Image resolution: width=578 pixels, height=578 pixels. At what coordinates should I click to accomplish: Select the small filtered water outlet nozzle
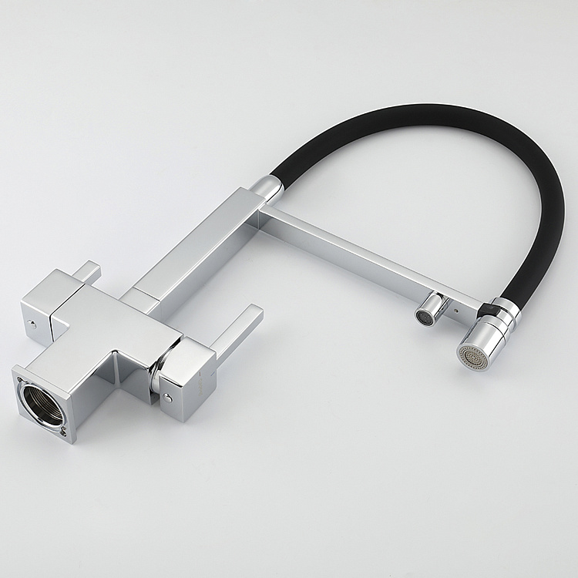424,315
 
